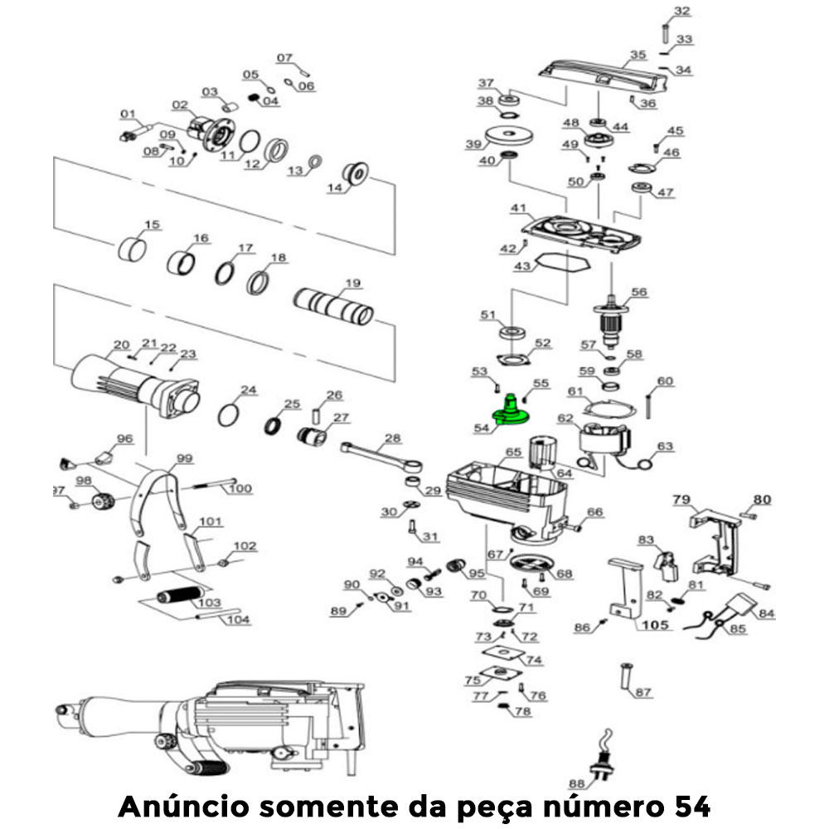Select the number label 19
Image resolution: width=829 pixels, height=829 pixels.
tap(354, 284)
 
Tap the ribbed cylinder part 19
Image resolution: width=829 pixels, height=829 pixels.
tap(334, 308)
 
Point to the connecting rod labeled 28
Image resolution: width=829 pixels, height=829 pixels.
tap(381, 457)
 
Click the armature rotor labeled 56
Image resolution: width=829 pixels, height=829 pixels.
tap(612, 320)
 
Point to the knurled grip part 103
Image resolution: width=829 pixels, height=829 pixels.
tap(178, 595)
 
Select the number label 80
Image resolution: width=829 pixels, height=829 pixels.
tap(761, 499)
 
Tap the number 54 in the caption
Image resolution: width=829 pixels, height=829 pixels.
tap(688, 805)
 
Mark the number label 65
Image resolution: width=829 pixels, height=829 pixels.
tap(513, 452)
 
